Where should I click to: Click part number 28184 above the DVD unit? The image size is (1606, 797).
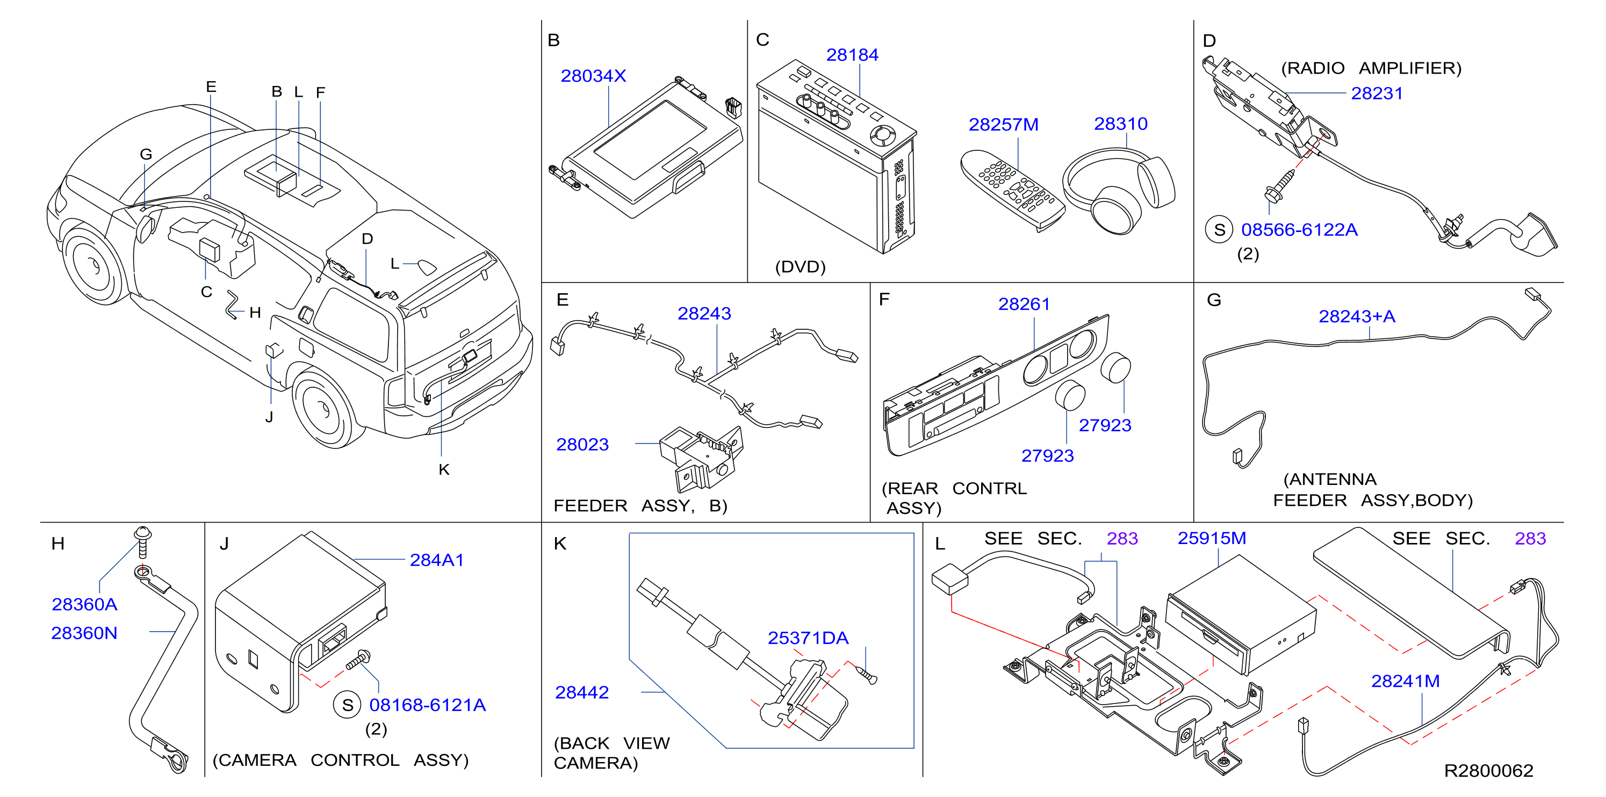852,55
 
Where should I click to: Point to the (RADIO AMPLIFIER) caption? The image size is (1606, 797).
1371,68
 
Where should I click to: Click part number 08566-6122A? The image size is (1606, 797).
1299,230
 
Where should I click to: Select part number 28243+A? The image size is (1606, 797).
1357,316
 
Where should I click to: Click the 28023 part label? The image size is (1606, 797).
582,445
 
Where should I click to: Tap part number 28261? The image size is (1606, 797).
1024,304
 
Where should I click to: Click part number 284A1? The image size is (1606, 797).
436,560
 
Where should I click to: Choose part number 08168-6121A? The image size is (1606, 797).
427,705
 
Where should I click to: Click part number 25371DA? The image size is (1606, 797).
808,638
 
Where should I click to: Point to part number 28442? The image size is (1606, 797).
582,692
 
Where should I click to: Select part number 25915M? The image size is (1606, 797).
1212,538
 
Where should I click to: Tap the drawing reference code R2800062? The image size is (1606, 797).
1488,771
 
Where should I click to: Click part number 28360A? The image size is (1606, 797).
84,604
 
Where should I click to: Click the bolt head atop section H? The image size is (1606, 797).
142,534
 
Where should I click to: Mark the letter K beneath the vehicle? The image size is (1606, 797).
444,470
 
